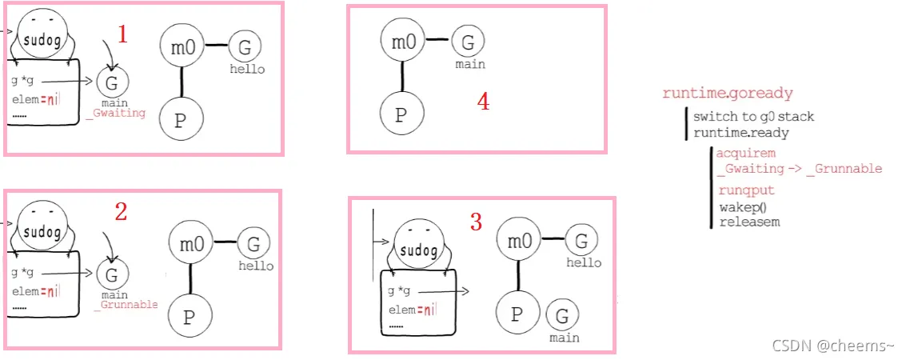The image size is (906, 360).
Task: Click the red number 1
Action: pos(122,34)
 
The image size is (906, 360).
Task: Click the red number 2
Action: pos(121,212)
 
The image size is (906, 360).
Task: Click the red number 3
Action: pos(477,222)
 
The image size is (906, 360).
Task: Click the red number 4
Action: pos(483,102)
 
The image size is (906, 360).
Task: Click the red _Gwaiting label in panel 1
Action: pos(119,113)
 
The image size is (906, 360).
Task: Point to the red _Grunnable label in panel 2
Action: pos(126,305)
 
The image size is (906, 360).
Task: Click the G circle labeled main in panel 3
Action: pos(564,316)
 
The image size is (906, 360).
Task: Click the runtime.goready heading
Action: pos(728,94)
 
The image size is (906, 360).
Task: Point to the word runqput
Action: pos(746,190)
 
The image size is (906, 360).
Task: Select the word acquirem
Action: pos(746,154)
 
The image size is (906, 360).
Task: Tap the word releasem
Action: pos(749,221)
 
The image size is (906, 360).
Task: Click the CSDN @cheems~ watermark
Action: pos(833,345)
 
